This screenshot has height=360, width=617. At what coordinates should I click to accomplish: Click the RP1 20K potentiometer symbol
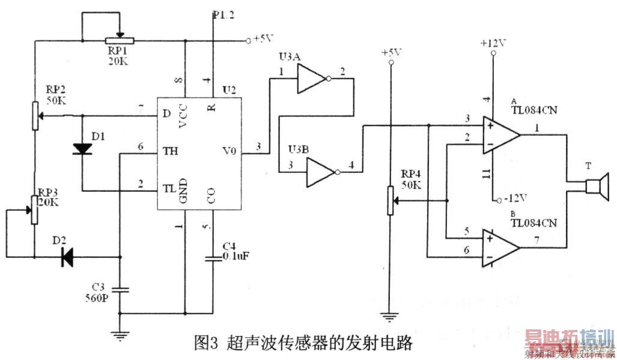(x=120, y=41)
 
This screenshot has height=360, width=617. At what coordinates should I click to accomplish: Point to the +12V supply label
(x=493, y=43)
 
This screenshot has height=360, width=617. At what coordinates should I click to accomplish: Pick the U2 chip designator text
(x=228, y=91)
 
